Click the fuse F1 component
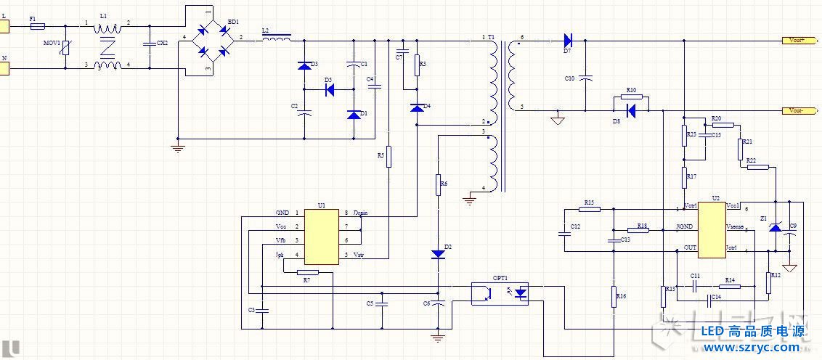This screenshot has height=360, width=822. (38, 26)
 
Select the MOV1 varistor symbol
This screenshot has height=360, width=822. (66, 49)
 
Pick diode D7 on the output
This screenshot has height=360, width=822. (568, 41)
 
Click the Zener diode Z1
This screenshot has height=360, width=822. (775, 227)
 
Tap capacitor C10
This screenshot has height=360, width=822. (587, 76)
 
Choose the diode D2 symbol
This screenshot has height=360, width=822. (438, 253)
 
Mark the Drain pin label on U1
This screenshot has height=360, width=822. (361, 213)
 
